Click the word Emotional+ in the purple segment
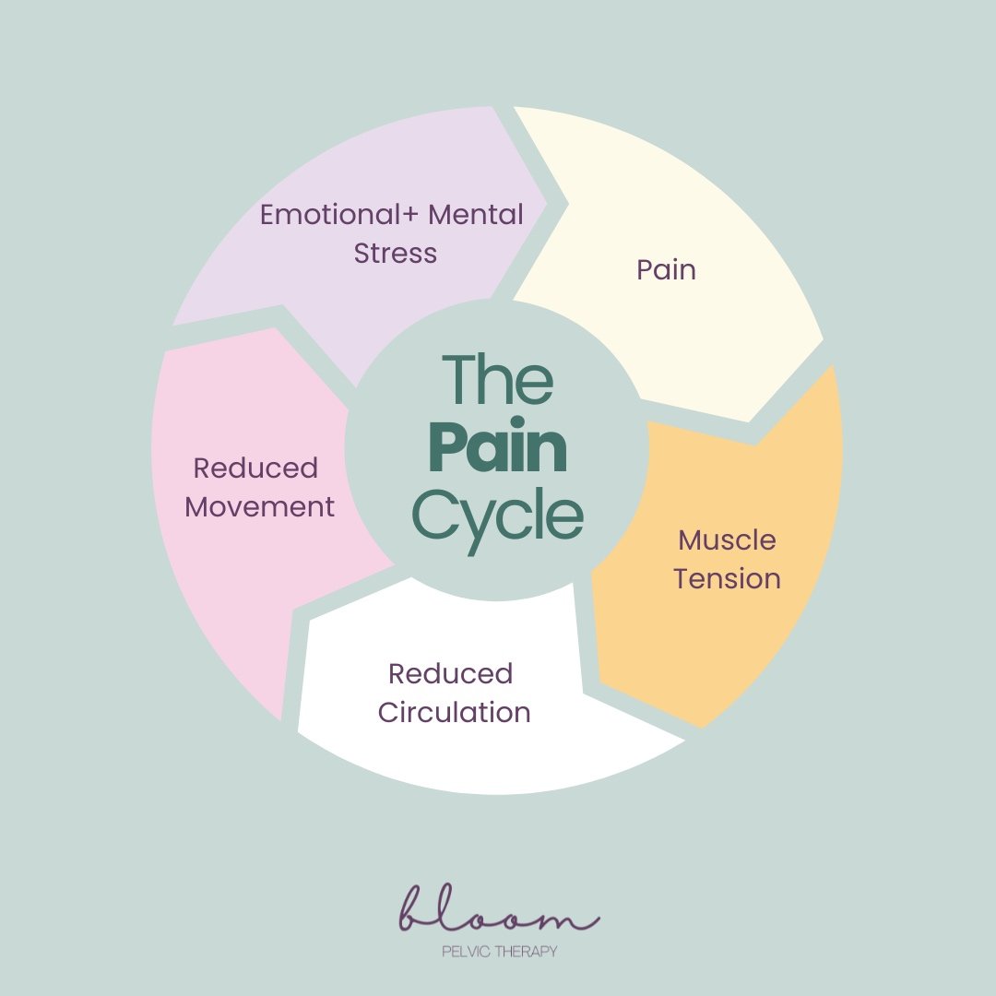(x=338, y=215)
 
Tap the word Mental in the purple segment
(x=476, y=215)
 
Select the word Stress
(x=395, y=253)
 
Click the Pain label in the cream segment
(x=667, y=270)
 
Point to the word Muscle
(x=727, y=540)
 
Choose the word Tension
(x=727, y=578)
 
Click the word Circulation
(x=454, y=712)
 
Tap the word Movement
(x=259, y=507)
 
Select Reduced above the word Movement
(x=255, y=468)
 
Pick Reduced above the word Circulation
(x=450, y=674)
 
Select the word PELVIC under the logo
(x=466, y=952)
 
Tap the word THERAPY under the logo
(x=526, y=952)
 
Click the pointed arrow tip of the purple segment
(x=547, y=203)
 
